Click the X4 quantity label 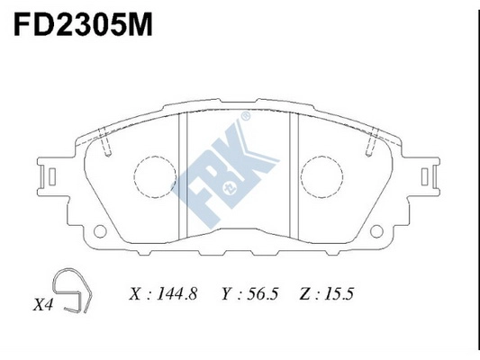(x=44, y=306)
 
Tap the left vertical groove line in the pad (x=184, y=176)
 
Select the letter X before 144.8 (x=135, y=293)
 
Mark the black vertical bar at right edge (x=476, y=180)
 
